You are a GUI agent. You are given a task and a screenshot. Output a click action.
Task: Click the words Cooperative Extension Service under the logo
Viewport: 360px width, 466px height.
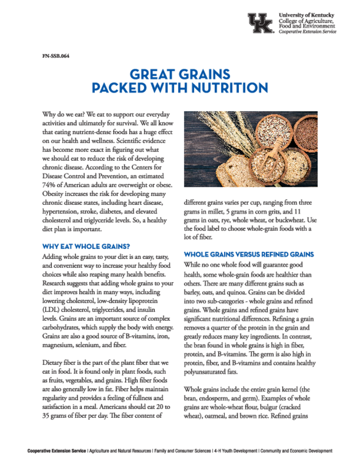tap(308, 32)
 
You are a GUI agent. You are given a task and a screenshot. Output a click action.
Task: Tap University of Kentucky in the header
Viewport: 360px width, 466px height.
tap(306, 15)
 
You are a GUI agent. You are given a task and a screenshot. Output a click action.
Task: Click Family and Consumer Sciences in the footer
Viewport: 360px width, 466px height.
tap(182, 451)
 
